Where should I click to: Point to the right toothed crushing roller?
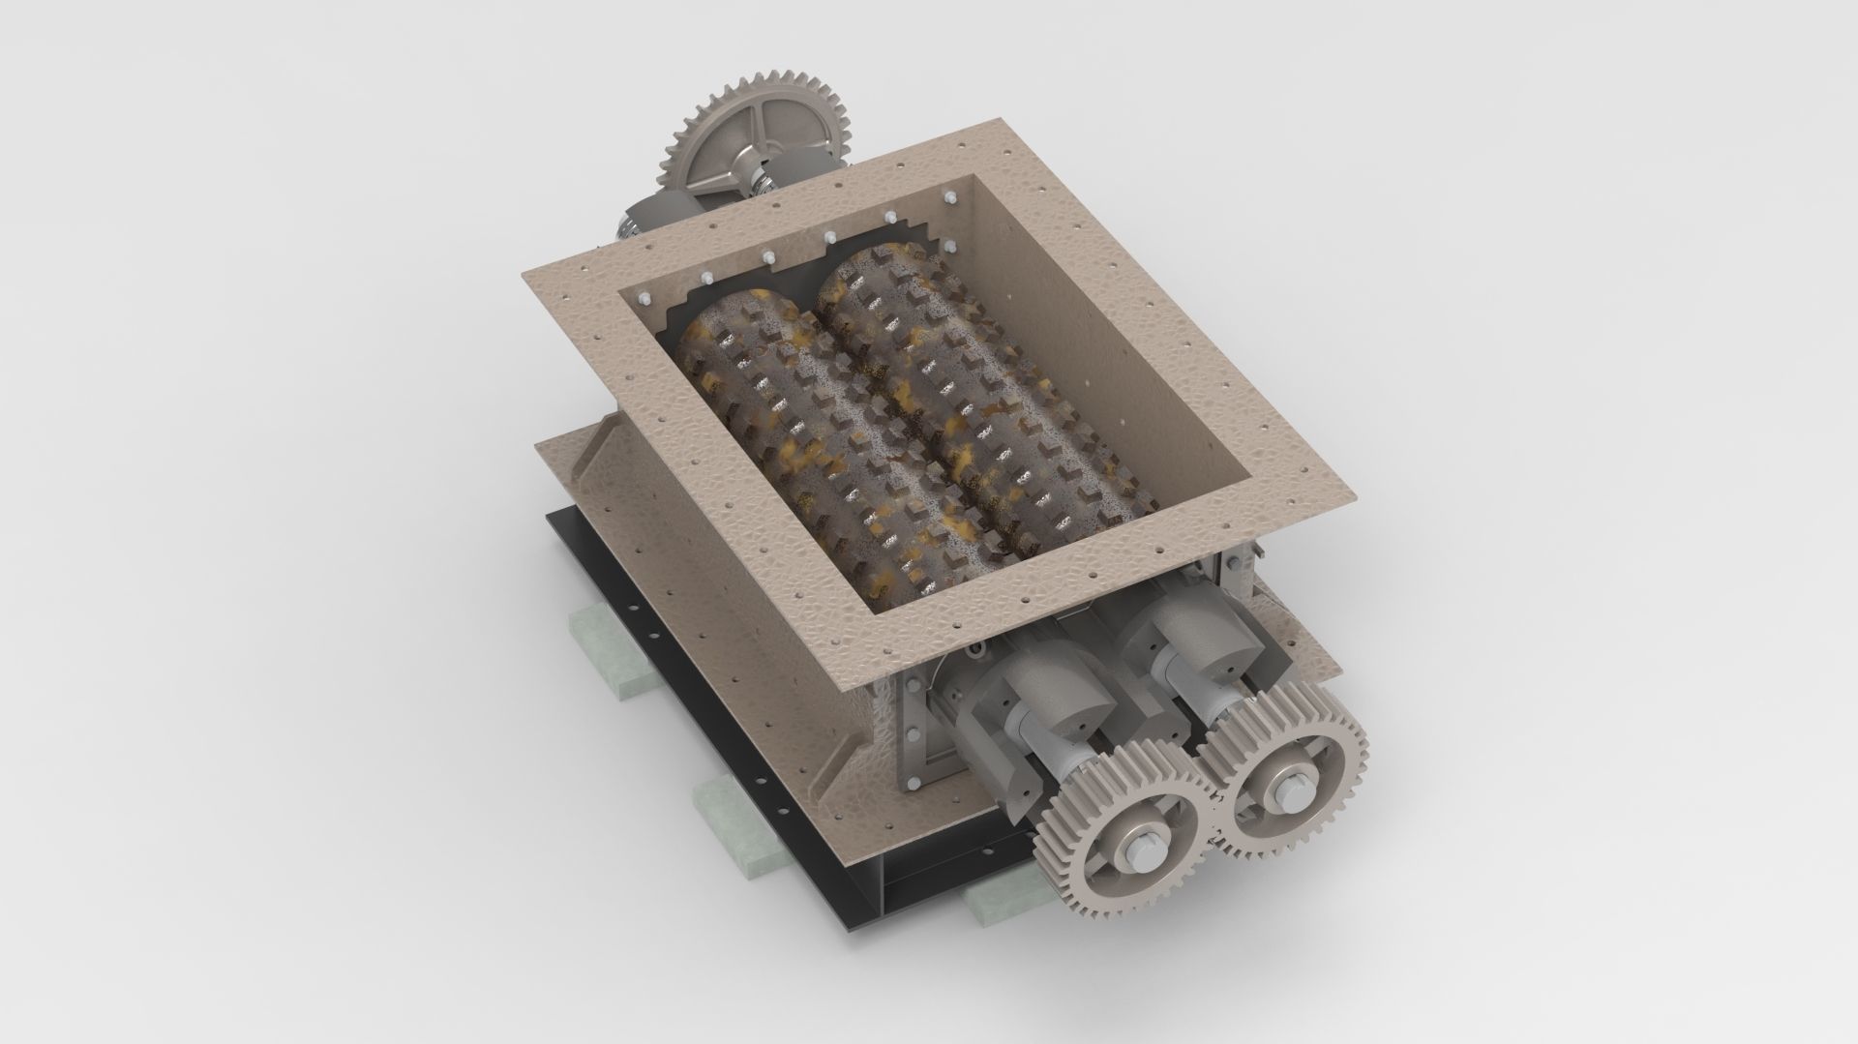958,387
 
